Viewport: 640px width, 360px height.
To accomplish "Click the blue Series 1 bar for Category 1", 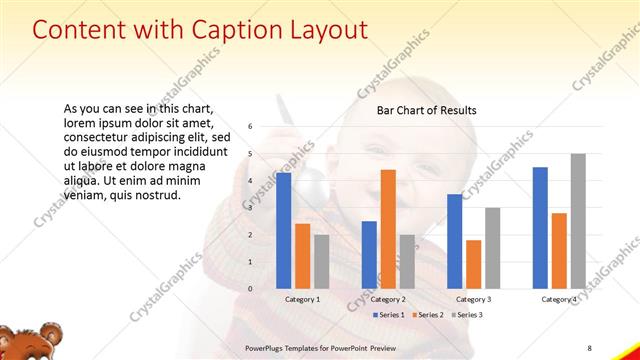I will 284,230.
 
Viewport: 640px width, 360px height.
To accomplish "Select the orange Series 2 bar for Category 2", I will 388,229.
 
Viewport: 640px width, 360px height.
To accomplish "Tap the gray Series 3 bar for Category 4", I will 578,221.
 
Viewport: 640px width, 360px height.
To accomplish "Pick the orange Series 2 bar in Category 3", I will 473,264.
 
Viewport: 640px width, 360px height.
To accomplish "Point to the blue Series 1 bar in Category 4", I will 540,227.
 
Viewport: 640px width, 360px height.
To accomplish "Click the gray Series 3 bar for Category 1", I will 321,261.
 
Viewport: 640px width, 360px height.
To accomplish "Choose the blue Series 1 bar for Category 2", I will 369,254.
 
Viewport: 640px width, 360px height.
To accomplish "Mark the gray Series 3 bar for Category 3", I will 492,248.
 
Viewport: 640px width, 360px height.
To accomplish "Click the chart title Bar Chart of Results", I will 426,110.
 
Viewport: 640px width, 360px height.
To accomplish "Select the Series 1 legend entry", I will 389,315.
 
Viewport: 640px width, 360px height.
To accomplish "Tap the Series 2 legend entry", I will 427,315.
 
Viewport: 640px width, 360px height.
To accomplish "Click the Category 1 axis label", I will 303,299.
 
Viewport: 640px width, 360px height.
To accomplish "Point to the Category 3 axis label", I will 473,299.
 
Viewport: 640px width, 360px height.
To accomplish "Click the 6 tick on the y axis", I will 250,127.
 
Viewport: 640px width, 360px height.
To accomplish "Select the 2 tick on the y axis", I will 250,235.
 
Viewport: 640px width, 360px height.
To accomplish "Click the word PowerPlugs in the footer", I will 269,346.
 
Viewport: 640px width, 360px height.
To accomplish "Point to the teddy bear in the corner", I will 22,341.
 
